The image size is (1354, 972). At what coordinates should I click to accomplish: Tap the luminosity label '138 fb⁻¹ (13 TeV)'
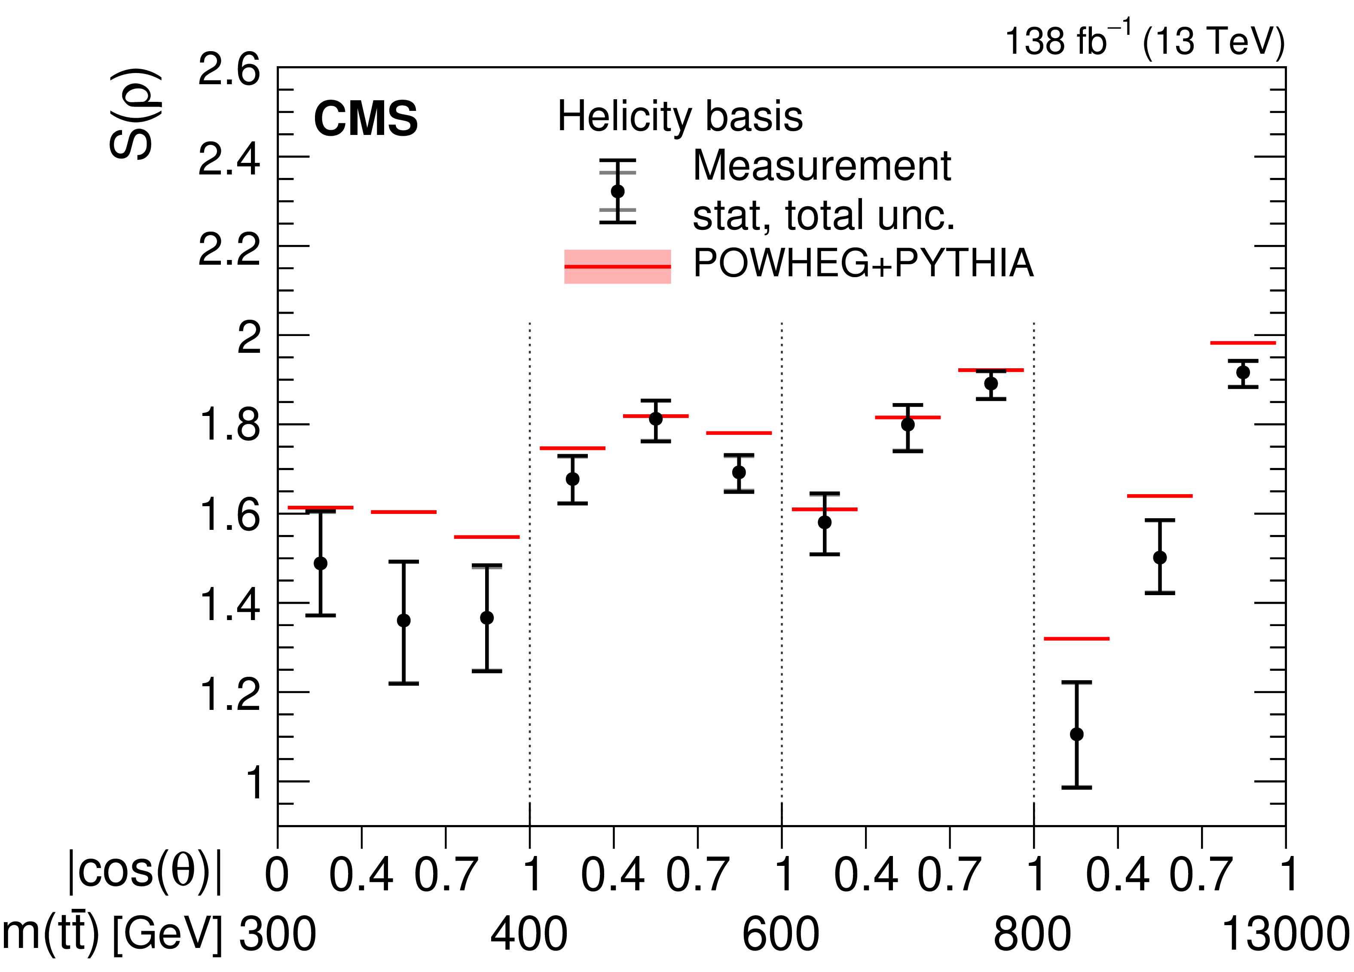coord(1144,40)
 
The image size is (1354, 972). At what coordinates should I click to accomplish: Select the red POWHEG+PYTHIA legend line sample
coord(617,266)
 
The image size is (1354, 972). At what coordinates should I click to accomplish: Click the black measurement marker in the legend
coord(617,191)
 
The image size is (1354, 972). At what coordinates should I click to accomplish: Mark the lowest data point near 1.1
coord(1076,734)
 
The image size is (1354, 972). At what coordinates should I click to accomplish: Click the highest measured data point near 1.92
coord(1243,373)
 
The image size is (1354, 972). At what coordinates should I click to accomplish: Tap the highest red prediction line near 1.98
coord(1243,343)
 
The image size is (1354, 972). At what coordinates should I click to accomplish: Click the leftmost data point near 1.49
coord(321,563)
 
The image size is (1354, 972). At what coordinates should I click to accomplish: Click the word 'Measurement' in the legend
coord(822,165)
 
